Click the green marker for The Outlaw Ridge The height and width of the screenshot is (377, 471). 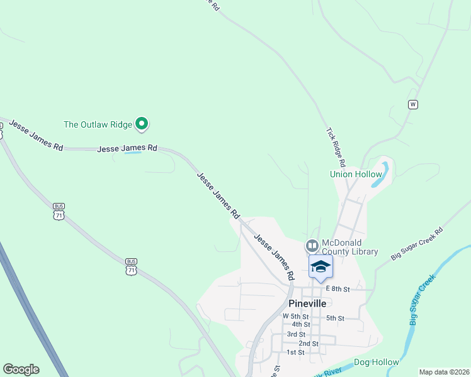tap(142, 124)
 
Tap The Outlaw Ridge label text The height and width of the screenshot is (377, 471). tap(98, 124)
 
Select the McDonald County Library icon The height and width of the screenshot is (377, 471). tap(312, 245)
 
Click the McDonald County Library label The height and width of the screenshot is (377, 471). tap(349, 248)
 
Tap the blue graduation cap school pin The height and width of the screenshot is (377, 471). tap(321, 266)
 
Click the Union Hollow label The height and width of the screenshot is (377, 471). tap(356, 174)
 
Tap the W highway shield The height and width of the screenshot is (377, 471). tap(413, 104)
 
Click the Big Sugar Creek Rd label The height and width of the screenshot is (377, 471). tap(417, 244)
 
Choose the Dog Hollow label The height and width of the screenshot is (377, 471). tap(377, 362)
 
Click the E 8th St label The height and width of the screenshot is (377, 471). tap(338, 288)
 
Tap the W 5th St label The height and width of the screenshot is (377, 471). tap(295, 315)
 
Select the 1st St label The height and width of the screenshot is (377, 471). tap(295, 352)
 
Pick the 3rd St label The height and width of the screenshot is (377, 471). tap(296, 334)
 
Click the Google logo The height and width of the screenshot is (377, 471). tap(21, 369)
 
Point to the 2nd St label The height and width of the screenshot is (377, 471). tap(309, 344)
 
